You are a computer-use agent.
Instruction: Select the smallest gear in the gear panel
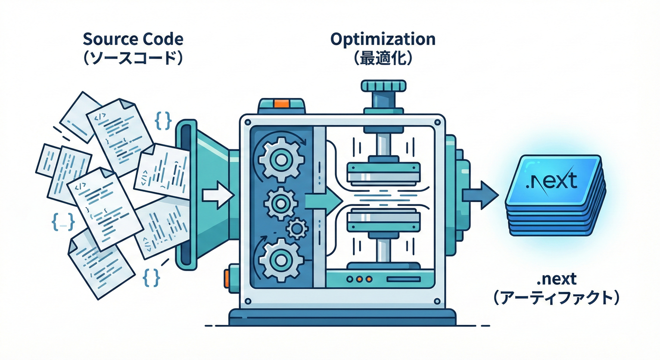point(296,228)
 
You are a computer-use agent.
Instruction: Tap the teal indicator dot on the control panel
point(351,278)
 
